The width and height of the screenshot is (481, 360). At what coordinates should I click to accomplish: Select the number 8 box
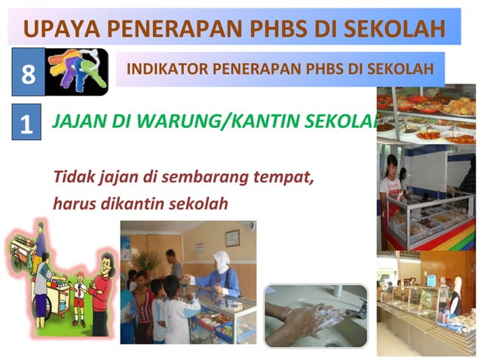click(28, 73)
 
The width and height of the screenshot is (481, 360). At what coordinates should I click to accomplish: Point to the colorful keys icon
click(76, 72)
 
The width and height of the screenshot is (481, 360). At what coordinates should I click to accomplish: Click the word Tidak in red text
click(69, 178)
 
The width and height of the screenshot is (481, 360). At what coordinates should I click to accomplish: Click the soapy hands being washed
click(311, 317)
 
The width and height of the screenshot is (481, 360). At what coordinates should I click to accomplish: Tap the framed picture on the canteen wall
click(232, 238)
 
